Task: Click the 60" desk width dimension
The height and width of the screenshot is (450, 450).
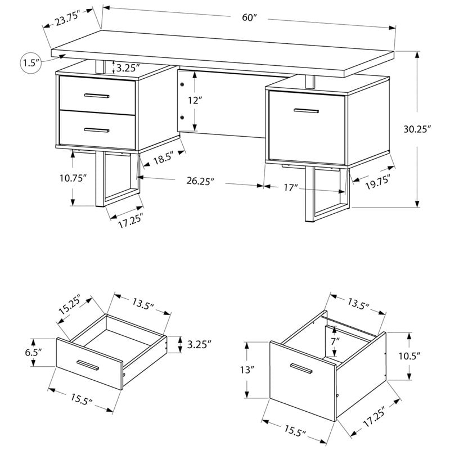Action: [249, 17]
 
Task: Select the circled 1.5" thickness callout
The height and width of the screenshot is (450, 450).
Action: [31, 62]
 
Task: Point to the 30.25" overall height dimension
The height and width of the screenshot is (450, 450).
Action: [432, 129]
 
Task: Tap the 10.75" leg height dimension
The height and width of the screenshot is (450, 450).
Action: [73, 179]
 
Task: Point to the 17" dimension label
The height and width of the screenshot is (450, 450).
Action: [290, 188]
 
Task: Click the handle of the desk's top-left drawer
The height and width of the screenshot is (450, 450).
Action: [97, 96]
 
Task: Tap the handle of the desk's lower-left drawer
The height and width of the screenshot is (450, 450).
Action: [97, 130]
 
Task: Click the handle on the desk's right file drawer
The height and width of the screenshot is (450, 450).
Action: [305, 111]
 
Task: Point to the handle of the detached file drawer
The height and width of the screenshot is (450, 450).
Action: [301, 368]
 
